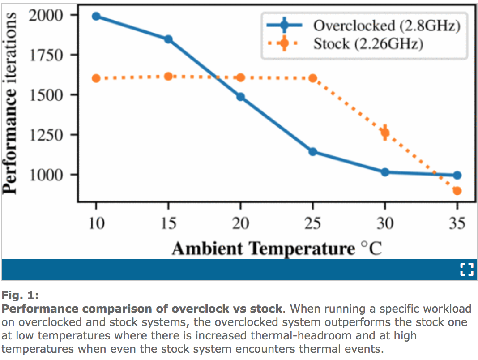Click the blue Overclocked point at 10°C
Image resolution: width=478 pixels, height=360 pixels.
(x=96, y=17)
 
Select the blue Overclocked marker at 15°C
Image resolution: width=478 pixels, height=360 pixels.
(x=168, y=39)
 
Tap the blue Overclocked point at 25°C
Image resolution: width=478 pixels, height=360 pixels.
(x=313, y=152)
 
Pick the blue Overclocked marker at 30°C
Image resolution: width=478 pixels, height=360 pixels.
(x=385, y=172)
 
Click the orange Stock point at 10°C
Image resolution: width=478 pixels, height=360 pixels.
(x=96, y=78)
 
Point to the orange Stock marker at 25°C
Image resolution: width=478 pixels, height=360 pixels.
(x=313, y=78)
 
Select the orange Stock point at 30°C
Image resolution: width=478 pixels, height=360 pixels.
(x=385, y=132)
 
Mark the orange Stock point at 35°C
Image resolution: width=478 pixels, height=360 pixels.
(x=457, y=191)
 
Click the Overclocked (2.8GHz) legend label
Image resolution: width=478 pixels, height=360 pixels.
(x=386, y=26)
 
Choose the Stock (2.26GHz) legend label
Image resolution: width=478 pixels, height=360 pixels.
(x=368, y=44)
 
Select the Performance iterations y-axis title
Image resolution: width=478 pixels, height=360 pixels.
(x=11, y=103)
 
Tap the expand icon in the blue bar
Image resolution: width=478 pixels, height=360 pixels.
(x=466, y=270)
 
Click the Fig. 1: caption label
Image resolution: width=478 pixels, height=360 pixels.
(x=20, y=296)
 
